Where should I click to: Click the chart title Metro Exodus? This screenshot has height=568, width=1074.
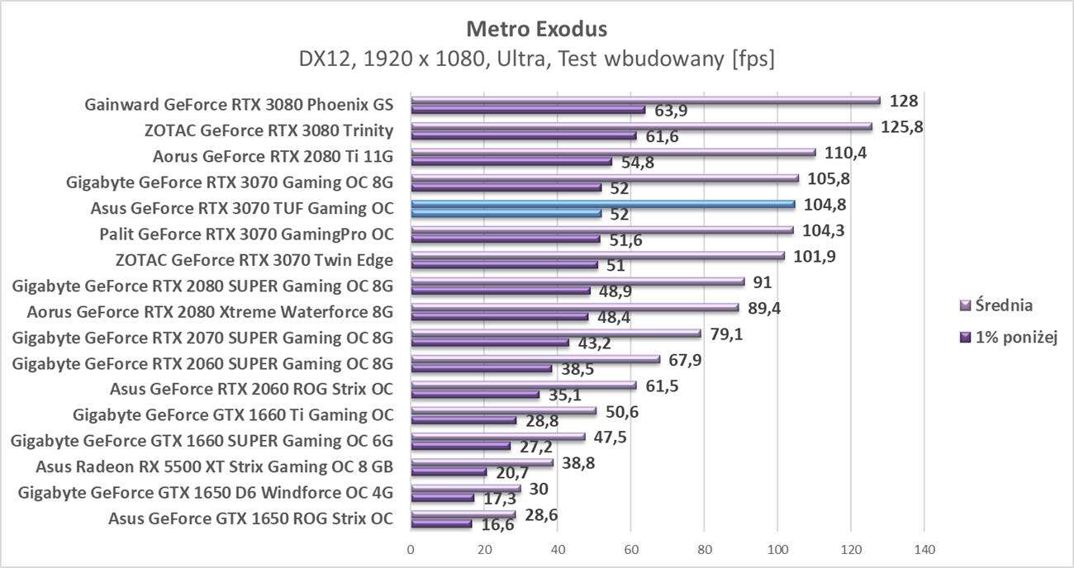point(536,29)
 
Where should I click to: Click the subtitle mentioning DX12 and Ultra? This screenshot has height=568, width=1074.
point(536,59)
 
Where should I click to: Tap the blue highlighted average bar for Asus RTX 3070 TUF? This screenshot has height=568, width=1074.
point(602,203)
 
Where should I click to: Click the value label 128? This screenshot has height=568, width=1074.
point(904,101)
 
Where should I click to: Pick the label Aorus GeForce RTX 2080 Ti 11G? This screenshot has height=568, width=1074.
point(273,156)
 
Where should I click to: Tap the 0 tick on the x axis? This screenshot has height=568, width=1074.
point(411,549)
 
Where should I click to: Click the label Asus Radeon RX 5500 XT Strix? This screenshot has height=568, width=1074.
point(214,466)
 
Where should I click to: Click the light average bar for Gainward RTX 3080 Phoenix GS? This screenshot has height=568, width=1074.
point(645,101)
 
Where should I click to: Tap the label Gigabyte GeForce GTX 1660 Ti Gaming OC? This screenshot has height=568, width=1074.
point(233,414)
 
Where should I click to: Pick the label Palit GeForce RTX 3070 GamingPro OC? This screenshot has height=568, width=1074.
point(246,234)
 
